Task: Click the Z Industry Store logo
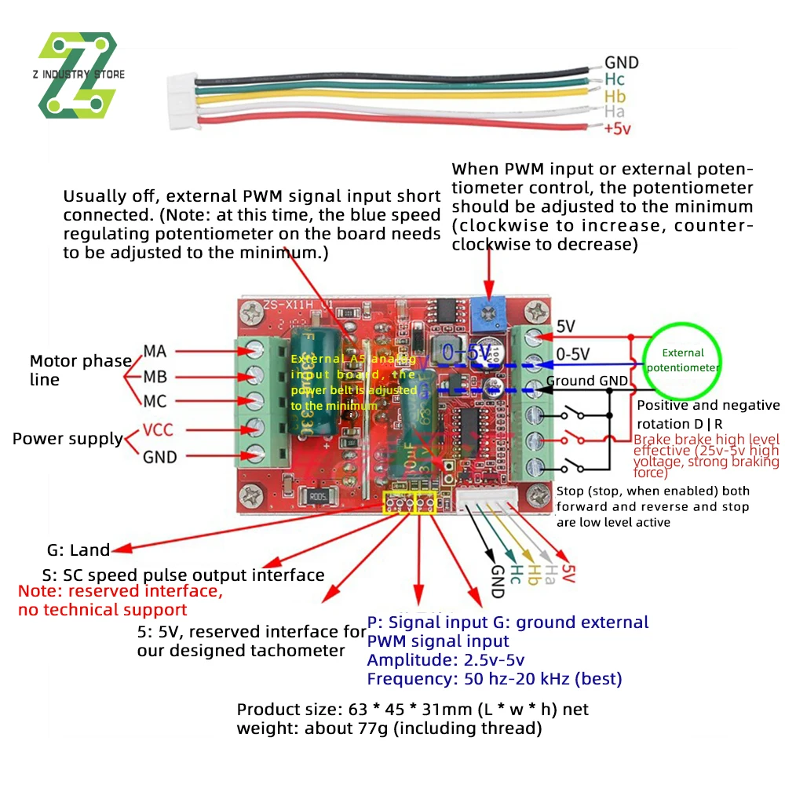[x=78, y=75]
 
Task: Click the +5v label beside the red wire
[x=618, y=130]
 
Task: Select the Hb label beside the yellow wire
[x=615, y=96]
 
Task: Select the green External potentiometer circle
[x=681, y=360]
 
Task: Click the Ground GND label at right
[x=587, y=382]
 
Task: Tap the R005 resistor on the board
[x=319, y=495]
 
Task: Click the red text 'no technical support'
[x=102, y=610]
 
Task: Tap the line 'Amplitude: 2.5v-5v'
[x=445, y=659]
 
